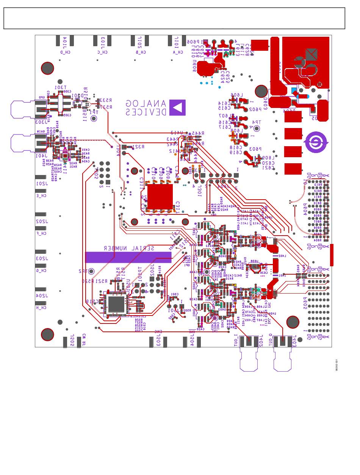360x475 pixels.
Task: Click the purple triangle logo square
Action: (x=177, y=108)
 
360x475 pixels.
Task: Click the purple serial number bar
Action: (x=128, y=257)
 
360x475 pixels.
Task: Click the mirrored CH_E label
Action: (x=41, y=196)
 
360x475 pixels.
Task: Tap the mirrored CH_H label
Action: (x=41, y=308)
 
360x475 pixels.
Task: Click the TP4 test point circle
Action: (x=257, y=128)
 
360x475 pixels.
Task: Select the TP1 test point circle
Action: (x=94, y=119)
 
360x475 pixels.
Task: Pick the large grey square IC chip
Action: (x=116, y=304)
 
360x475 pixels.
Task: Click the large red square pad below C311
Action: (x=160, y=197)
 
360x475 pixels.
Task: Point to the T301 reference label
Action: (x=60, y=87)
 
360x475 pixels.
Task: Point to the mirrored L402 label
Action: (x=282, y=256)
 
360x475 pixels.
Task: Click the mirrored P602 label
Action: (x=255, y=109)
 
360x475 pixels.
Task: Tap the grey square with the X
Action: (x=311, y=55)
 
